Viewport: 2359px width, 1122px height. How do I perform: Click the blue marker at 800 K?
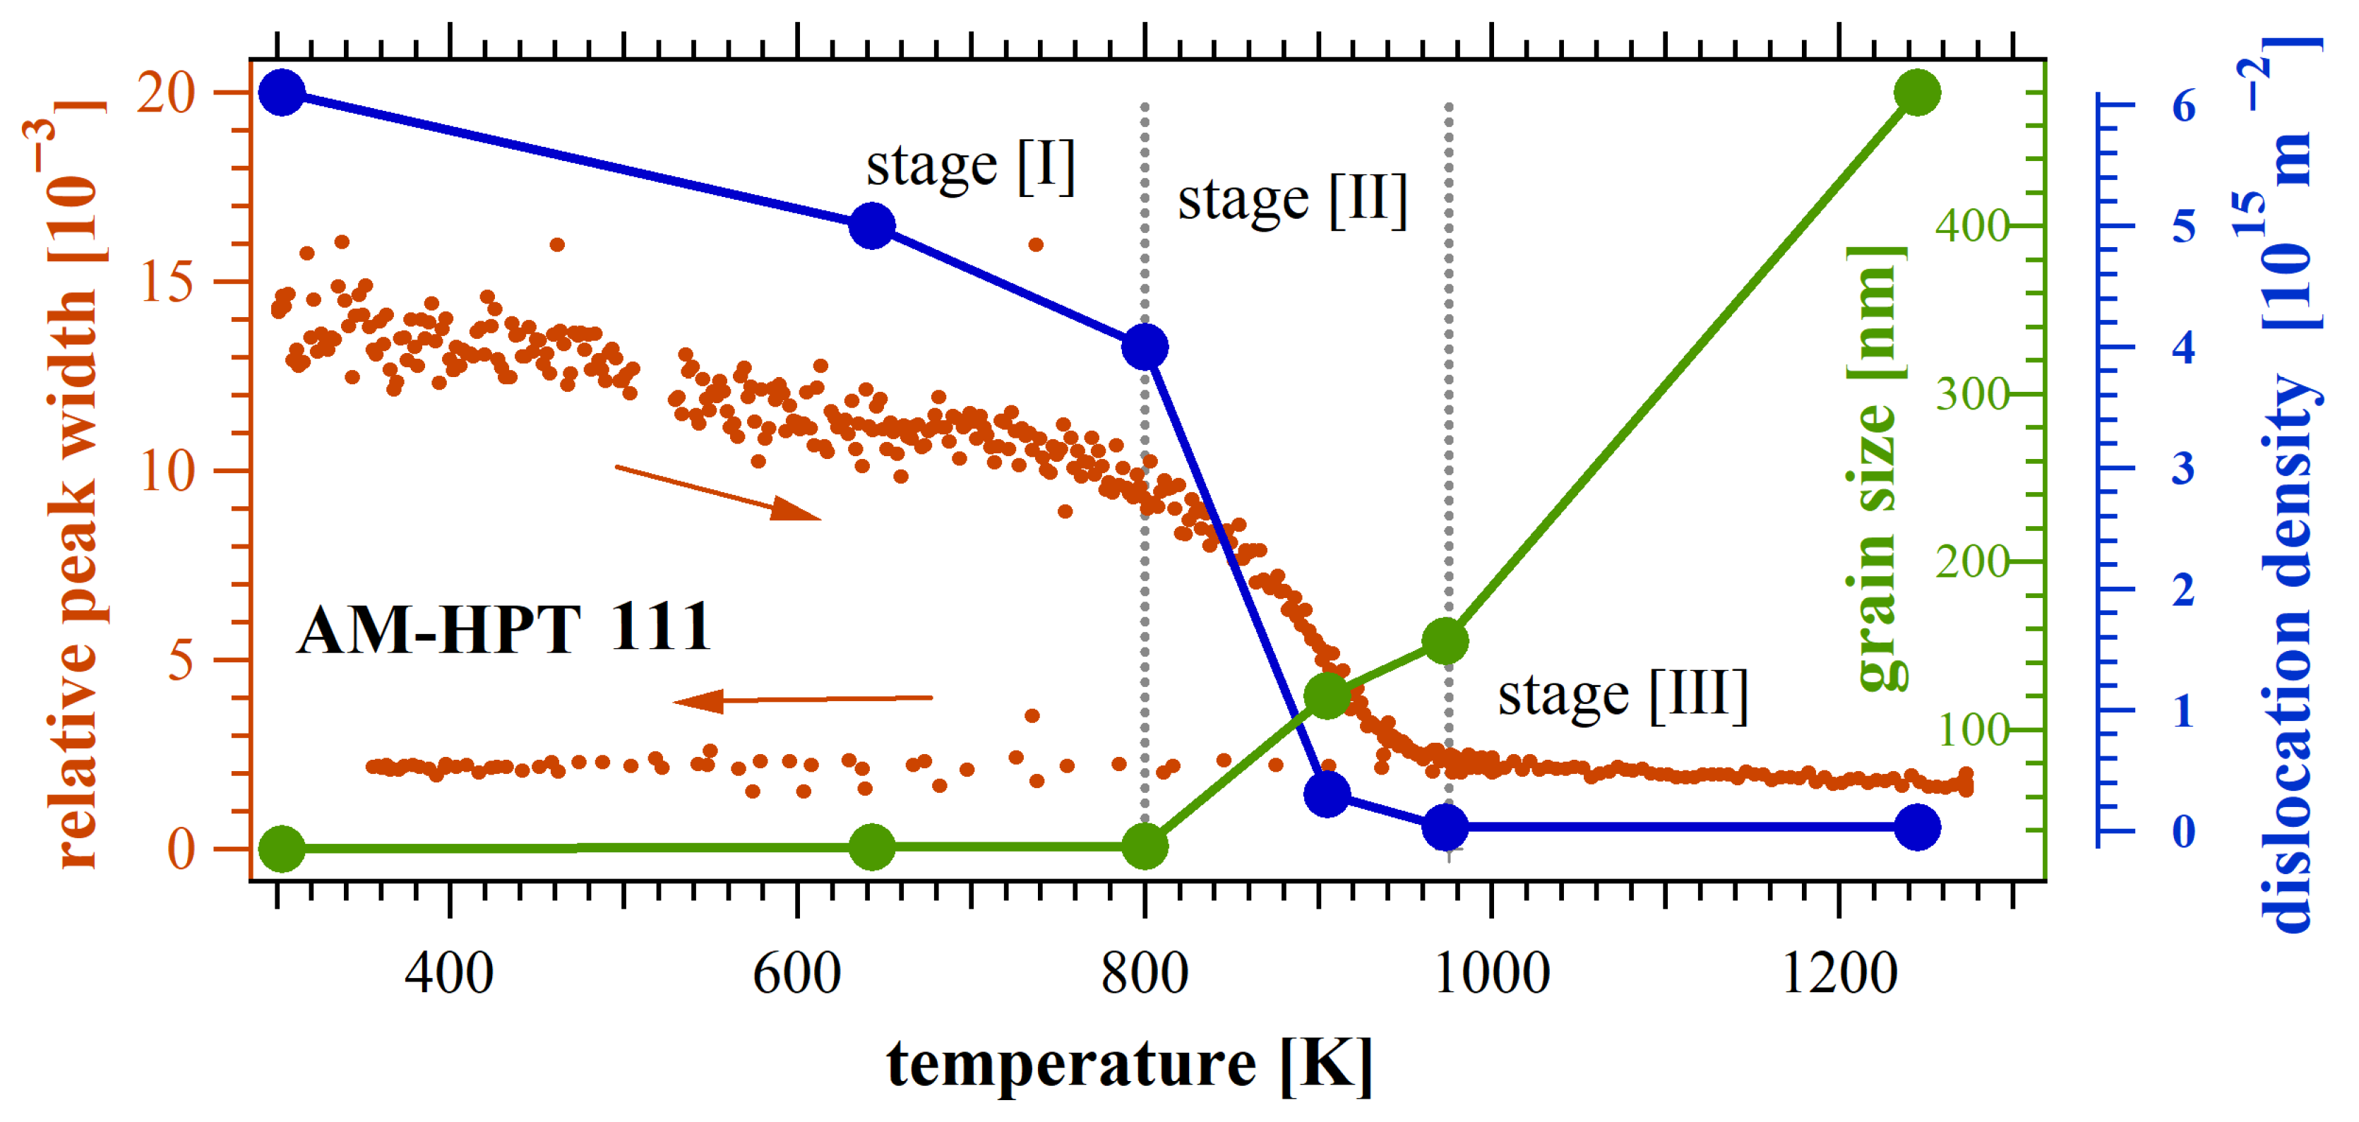coord(1145,347)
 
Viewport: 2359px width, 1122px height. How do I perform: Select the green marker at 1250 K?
coord(1917,92)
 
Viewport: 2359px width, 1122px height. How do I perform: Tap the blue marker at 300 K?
coord(282,92)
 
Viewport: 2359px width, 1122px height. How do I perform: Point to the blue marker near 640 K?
coord(872,225)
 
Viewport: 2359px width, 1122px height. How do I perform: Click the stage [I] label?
coord(971,167)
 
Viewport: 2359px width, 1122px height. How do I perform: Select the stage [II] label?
coord(1292,200)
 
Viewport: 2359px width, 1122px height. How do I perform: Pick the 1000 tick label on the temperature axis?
coord(1492,973)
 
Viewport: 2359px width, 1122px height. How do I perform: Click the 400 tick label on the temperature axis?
coord(450,973)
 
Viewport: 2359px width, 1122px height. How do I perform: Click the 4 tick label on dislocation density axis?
coord(2183,347)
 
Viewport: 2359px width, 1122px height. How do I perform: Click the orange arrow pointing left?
coord(802,700)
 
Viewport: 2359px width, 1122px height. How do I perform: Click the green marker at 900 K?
coord(1327,696)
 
